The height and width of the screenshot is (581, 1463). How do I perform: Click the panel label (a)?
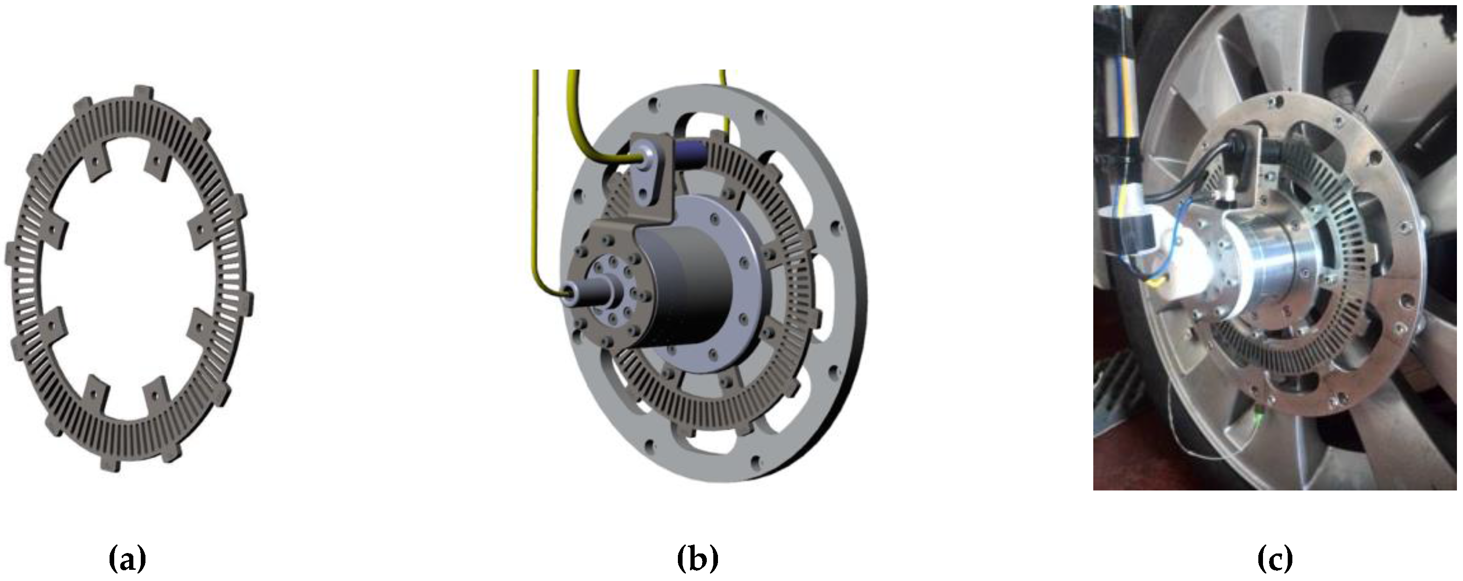pos(127,560)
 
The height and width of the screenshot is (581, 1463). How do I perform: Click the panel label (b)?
pos(697,560)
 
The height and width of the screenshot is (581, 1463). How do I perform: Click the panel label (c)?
pos(1275,560)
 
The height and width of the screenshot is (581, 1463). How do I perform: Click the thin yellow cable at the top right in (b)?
pos(724,108)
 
